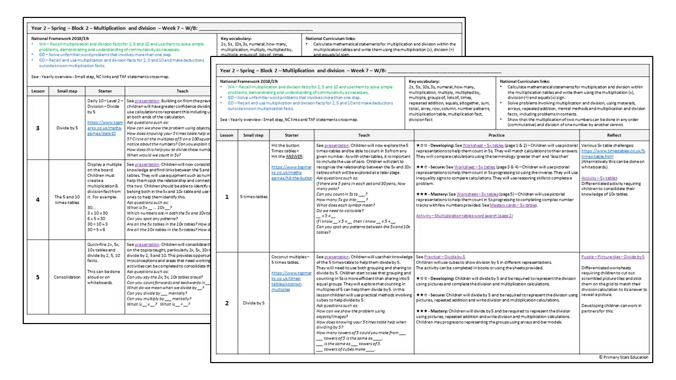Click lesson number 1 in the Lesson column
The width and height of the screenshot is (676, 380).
227,197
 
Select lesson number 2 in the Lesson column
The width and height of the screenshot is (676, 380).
227,303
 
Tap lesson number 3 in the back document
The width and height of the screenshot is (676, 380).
37,128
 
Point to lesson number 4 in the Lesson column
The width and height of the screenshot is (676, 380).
37,199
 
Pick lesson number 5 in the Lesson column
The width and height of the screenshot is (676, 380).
37,277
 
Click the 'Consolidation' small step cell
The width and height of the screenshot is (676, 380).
67,277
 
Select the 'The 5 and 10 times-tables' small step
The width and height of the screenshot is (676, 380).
67,199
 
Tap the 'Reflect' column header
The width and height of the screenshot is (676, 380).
614,135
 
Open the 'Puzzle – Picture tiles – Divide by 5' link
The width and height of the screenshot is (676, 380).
613,257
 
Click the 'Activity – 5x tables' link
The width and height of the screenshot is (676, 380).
599,178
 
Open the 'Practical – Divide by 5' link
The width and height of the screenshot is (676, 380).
444,257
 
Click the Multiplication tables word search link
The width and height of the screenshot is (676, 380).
464,216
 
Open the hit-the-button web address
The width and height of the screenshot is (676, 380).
292,173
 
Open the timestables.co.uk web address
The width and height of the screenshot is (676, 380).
613,154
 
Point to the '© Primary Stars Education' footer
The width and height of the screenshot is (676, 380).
623,357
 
